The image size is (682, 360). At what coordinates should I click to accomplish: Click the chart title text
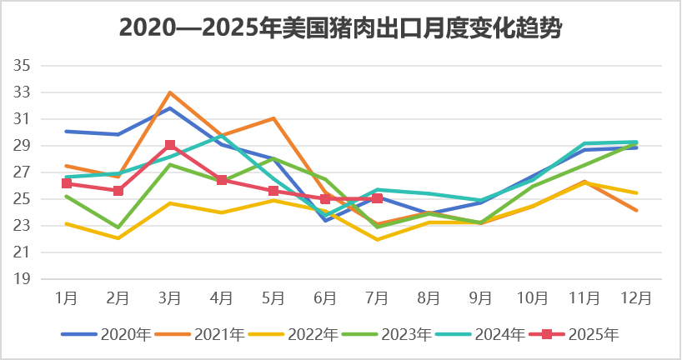(340, 28)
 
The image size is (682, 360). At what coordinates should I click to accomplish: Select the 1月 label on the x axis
(67, 297)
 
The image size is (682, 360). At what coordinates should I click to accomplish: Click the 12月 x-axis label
(636, 297)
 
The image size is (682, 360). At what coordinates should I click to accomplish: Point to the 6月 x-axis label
(325, 297)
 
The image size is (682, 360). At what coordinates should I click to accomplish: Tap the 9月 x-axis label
(480, 297)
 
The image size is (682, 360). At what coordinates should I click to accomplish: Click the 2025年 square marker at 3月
(170, 145)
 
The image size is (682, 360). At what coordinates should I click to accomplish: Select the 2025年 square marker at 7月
(377, 198)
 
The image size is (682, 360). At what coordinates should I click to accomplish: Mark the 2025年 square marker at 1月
(67, 183)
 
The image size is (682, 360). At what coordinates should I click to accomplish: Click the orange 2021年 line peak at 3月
(170, 92)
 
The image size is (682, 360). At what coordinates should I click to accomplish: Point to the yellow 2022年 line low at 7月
(377, 239)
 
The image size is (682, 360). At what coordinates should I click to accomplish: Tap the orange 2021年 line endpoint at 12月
(636, 210)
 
